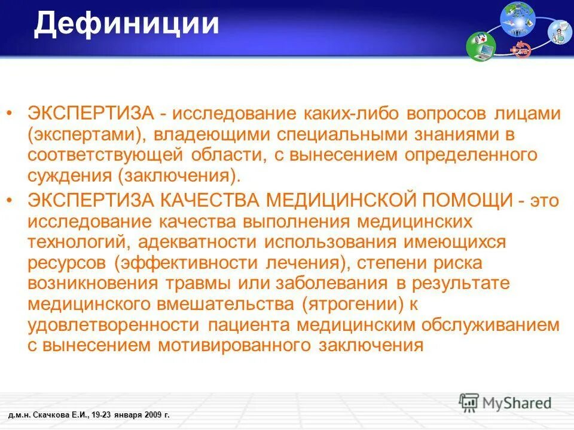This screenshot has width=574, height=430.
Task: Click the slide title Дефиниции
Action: (x=126, y=24)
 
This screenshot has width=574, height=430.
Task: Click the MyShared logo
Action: (x=505, y=403)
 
